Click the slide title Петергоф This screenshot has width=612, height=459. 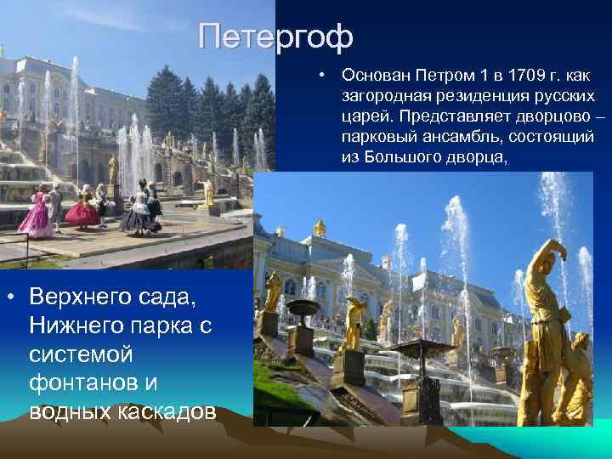pyautogui.click(x=275, y=37)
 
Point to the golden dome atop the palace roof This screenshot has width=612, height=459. pyautogui.click(x=320, y=227)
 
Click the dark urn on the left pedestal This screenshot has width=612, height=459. pyautogui.click(x=301, y=309)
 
